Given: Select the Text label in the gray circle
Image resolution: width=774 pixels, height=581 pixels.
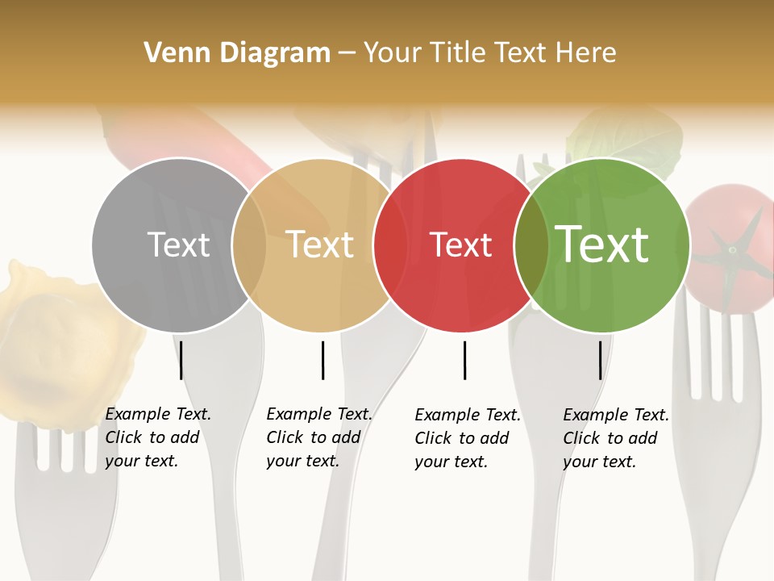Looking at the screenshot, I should pos(178,245).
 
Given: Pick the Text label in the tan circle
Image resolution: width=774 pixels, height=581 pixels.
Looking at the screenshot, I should pos(320,245).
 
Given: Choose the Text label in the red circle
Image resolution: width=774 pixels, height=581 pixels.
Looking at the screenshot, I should pos(461,245).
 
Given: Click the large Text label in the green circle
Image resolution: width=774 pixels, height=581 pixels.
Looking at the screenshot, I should pos(602,245).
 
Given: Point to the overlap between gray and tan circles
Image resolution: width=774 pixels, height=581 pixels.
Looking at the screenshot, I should pos(249,245).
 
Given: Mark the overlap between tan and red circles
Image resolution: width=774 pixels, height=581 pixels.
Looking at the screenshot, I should pos(391,245).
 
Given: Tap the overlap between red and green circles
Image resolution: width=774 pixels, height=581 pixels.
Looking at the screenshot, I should pos(531,245).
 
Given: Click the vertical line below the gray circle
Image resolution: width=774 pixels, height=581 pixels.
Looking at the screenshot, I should pos(181,360).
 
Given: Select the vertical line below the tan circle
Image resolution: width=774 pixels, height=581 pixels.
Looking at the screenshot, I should pos(322,360).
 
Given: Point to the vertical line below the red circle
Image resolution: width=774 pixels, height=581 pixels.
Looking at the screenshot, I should pos(464,360).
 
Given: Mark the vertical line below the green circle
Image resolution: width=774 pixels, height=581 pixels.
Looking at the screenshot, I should pos(600,360).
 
